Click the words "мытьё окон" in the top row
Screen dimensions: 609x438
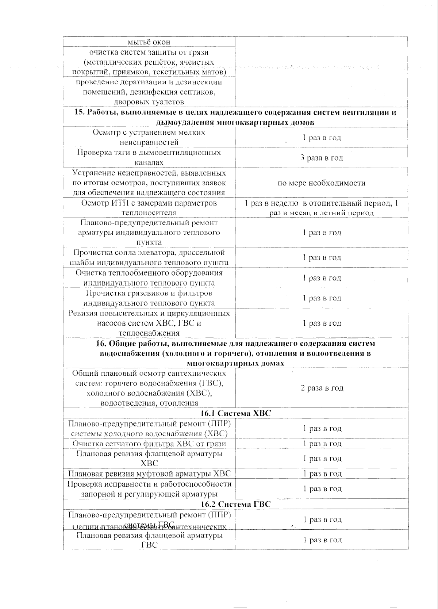149,42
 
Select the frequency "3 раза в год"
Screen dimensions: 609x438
322,158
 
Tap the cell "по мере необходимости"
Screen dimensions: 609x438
321,183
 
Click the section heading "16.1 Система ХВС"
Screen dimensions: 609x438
236,413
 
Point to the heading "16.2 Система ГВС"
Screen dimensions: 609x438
236,504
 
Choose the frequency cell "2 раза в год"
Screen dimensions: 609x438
322,388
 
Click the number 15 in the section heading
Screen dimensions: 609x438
79,112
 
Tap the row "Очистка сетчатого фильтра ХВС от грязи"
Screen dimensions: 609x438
149,444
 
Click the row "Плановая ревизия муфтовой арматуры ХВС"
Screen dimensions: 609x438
149,474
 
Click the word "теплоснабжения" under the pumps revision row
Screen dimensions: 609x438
149,333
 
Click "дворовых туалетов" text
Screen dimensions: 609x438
149,102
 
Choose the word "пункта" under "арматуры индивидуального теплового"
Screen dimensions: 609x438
149,242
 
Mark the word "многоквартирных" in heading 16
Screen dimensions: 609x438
215,364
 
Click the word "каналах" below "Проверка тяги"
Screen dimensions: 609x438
149,163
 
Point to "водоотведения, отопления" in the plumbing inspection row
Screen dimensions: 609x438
149,403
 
